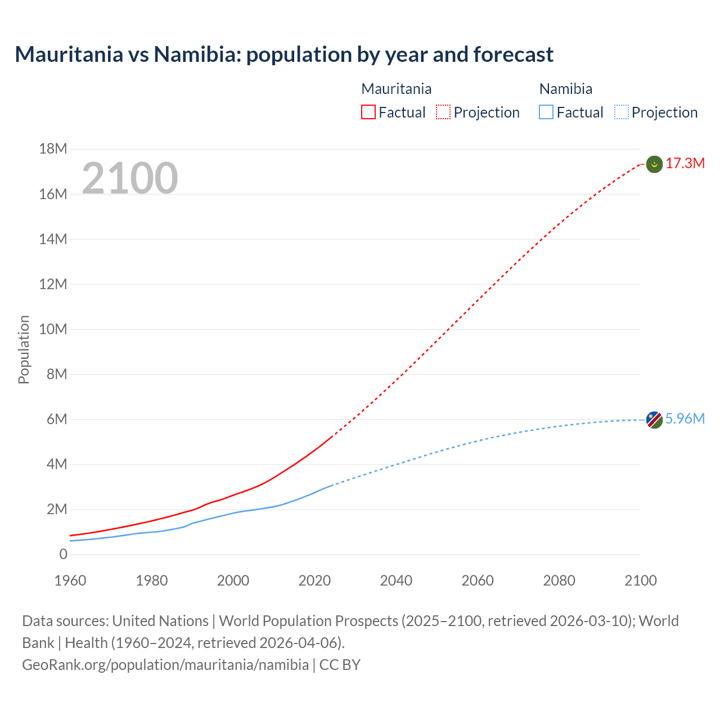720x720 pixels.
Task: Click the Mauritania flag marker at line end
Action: pos(654,164)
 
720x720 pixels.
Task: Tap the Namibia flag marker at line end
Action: pos(654,420)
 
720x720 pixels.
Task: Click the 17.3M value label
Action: pos(685,164)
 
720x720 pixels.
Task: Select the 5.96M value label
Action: pos(685,419)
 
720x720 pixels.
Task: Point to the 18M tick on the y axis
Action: pos(53,149)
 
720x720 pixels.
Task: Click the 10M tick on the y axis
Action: pos(53,329)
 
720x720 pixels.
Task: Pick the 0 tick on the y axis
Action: pos(63,555)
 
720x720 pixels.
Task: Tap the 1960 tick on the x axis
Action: pos(70,580)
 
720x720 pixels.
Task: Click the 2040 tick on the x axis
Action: pos(396,580)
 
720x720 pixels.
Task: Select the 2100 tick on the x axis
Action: pos(640,580)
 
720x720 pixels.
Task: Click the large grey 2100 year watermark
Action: pos(130,178)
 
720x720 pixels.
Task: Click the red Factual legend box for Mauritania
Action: pos(368,112)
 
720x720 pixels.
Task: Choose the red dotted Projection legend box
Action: pos(443,112)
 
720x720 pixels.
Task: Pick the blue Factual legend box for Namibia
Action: pos(546,112)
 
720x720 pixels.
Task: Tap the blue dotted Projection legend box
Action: pos(621,112)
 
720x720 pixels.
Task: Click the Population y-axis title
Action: pos(24,349)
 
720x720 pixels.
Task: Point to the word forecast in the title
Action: pos(513,55)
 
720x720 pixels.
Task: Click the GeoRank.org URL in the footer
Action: pos(165,665)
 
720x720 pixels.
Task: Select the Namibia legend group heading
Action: pos(565,89)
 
